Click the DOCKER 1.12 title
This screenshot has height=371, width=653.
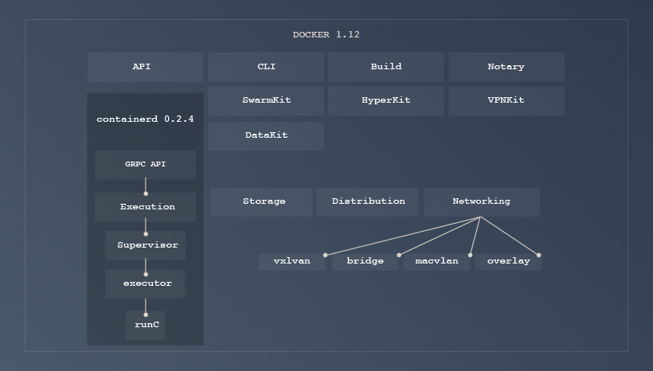(x=326, y=34)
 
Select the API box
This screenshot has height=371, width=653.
(x=145, y=67)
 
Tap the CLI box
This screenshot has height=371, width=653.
(x=266, y=67)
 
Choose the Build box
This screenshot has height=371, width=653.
(x=385, y=67)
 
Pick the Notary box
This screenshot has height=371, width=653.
(x=506, y=67)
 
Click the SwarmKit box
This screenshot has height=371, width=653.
(x=266, y=101)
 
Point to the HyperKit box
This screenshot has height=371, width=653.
(x=385, y=101)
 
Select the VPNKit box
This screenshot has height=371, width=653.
(x=506, y=101)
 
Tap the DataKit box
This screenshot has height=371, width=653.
(x=266, y=135)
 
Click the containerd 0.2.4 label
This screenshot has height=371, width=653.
(x=145, y=119)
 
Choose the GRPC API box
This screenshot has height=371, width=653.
(x=145, y=165)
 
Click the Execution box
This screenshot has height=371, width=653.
(x=146, y=207)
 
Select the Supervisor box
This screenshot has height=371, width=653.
(x=146, y=245)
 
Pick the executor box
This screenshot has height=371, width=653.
(x=146, y=283)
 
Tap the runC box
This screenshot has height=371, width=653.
(x=146, y=325)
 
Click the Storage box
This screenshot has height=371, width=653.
(x=263, y=201)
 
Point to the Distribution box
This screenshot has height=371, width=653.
(x=368, y=201)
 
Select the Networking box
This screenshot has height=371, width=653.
(x=481, y=201)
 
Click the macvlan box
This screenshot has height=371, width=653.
(x=436, y=261)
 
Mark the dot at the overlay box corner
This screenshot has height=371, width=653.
(x=539, y=255)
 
